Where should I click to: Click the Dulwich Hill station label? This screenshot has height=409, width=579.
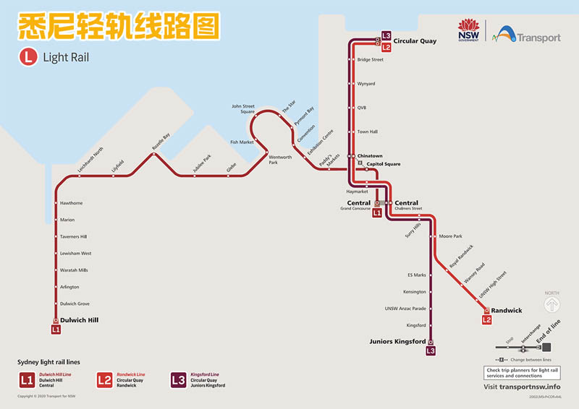pos(79,319)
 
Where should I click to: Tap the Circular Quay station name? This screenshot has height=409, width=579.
pos(415,41)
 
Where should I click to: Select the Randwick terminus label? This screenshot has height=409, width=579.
pos(507,310)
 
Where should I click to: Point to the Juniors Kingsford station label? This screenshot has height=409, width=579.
pos(397,341)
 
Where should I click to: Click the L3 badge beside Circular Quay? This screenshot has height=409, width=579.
pos(386,36)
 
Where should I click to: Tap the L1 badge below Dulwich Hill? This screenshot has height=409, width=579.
pos(56,330)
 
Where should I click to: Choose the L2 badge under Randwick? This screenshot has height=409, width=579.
pos(486,319)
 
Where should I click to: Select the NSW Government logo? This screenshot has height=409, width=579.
pos(468,31)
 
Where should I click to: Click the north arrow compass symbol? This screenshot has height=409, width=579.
pos(552,303)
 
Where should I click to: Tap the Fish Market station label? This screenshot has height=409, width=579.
pos(242,142)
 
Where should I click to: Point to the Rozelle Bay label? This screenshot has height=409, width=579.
pos(161,141)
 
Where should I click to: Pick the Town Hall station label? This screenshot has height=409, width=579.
pos(368,132)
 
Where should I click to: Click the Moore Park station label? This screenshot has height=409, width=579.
pos(450,236)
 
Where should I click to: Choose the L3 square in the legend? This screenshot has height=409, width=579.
pos(178,379)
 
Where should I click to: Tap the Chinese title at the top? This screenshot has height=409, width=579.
pos(117,27)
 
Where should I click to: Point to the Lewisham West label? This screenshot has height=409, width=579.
pos(76,254)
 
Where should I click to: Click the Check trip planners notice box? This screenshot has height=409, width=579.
pos(523,373)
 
